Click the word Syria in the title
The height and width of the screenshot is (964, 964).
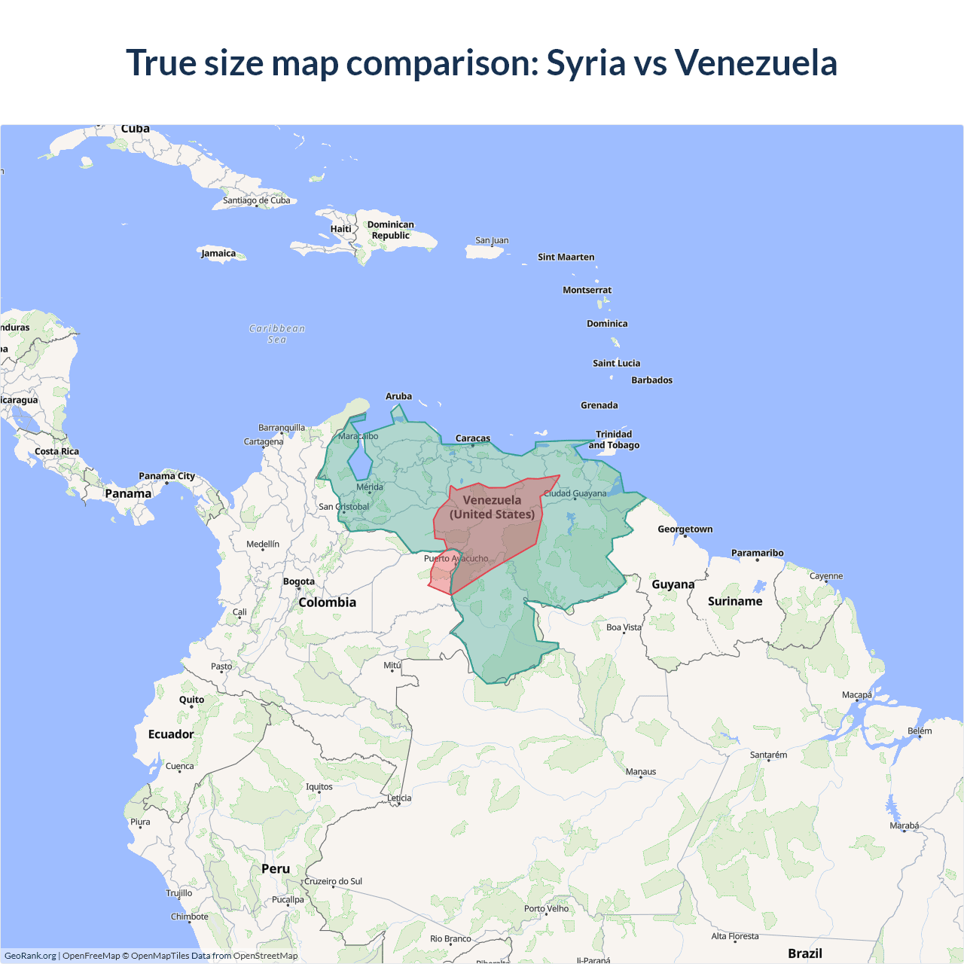[x=585, y=63]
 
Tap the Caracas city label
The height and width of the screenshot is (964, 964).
[x=473, y=438]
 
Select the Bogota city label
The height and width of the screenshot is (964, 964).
[x=299, y=581]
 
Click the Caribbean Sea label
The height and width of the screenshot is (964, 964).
[x=277, y=334]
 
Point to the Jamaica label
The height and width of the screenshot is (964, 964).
[x=218, y=253]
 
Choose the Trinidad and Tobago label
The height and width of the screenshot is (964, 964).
[x=614, y=440]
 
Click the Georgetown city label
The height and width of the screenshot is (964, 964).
[x=685, y=529]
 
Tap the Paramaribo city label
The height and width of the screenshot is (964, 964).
[x=757, y=553]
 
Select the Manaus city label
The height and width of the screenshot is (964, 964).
[x=641, y=772]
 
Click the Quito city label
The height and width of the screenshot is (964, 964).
[x=191, y=700]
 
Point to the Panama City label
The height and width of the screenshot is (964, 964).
[x=166, y=476]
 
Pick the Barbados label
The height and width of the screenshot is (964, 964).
[x=651, y=380]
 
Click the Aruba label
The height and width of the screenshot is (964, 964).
[x=398, y=396]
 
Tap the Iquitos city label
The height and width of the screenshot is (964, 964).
[x=319, y=787]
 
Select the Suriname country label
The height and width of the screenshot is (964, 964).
[x=735, y=601]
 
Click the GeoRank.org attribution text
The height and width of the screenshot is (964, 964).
[x=30, y=956]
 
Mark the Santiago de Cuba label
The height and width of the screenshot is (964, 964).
[x=256, y=200]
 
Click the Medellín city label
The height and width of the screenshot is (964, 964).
[x=263, y=545]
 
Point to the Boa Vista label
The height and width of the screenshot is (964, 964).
[x=624, y=627]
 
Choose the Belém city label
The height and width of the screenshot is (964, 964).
[x=920, y=731]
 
